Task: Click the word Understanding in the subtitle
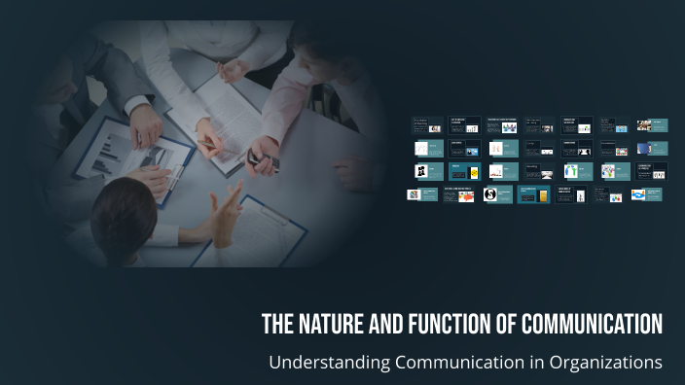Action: click(x=328, y=363)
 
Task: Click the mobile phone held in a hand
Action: click(x=261, y=156)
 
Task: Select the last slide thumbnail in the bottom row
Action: click(x=648, y=194)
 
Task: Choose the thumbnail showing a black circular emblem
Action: click(x=492, y=195)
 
